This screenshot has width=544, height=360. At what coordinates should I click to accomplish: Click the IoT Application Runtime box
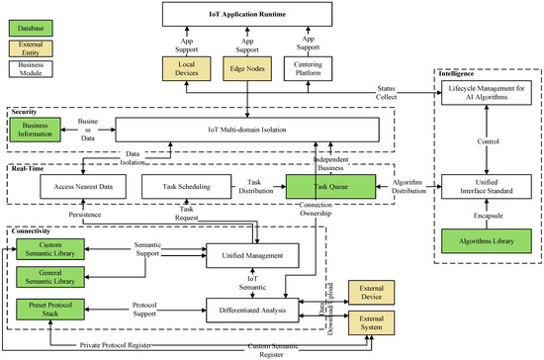click(257, 18)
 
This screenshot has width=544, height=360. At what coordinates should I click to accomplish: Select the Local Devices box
click(188, 69)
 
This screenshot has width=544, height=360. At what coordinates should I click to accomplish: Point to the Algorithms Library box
click(483, 241)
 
